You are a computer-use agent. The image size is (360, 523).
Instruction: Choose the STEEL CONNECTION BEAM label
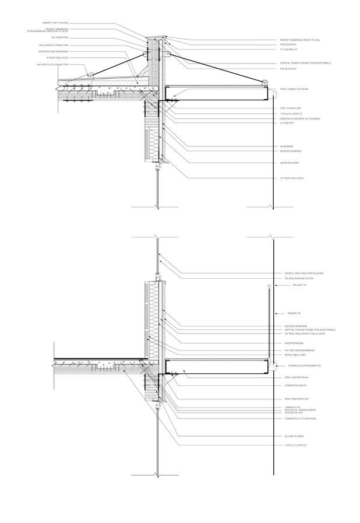click(294, 89)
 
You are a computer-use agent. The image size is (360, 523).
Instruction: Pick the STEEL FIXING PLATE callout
click(291, 108)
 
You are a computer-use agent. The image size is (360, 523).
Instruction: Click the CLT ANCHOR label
click(287, 123)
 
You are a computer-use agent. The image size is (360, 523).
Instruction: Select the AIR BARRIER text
click(288, 146)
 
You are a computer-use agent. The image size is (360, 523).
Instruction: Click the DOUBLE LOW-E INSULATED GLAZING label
click(303, 273)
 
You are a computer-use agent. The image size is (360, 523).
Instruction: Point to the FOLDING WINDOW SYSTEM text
click(299, 279)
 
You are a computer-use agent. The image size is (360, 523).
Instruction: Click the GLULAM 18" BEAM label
click(294, 436)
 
